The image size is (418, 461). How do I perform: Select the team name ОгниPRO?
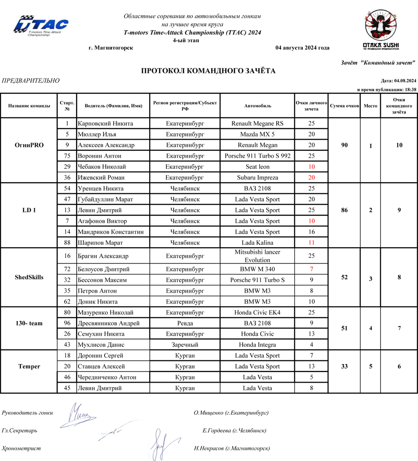click(29, 145)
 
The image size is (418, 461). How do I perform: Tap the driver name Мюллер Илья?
click(97, 134)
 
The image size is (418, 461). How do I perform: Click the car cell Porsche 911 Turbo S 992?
click(257, 156)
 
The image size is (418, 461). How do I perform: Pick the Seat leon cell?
click(257, 166)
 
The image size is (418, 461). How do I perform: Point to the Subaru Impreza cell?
click(257, 178)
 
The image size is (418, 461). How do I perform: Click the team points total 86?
click(344, 210)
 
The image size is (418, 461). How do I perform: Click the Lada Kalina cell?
click(257, 243)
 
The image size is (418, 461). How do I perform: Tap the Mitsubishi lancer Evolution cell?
click(257, 256)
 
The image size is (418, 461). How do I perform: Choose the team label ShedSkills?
click(29, 277)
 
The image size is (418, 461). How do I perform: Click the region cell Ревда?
click(185, 323)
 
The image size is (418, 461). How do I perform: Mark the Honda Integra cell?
click(257, 345)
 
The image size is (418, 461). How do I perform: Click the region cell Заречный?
click(185, 345)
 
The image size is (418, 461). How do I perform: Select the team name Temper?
click(29, 366)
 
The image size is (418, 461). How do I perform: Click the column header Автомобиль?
click(257, 106)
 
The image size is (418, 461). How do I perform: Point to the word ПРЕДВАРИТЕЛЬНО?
click(31, 81)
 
